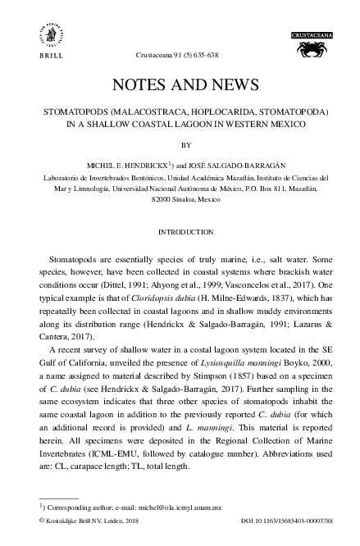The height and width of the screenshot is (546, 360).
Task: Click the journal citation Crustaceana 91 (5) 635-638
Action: pyautogui.click(x=180, y=55)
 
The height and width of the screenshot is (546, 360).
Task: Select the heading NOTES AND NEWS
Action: pyautogui.click(x=180, y=84)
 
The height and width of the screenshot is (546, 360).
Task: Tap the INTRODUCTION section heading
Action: pyautogui.click(x=180, y=232)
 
